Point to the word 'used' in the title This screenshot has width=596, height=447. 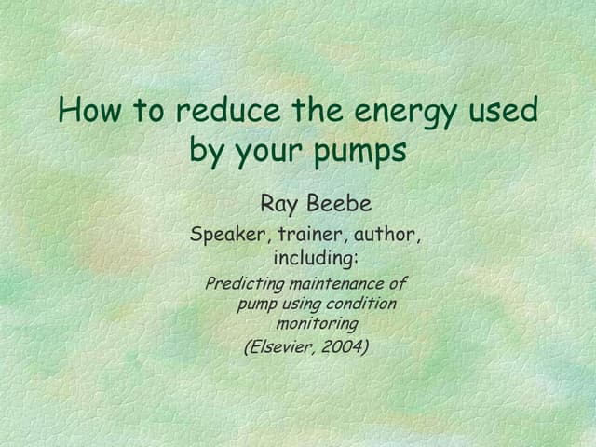pos(504,111)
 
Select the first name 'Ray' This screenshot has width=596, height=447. pos(278,204)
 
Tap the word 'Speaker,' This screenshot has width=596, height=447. pos(227,235)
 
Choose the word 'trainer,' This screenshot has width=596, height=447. pos(307,235)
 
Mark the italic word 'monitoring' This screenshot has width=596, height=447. pos(317,324)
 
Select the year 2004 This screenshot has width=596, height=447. pos(345,347)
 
